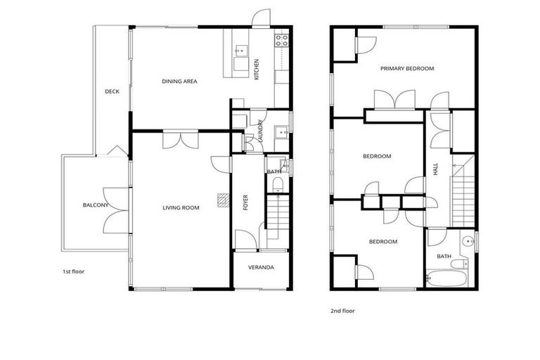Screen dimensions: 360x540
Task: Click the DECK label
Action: (x=112, y=91)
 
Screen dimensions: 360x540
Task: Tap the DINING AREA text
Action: (x=179, y=82)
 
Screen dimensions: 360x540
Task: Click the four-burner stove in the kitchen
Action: (x=282, y=40)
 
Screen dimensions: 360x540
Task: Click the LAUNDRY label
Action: (x=261, y=132)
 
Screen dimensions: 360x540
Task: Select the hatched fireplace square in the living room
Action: (x=223, y=200)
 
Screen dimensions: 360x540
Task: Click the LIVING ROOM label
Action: (x=181, y=207)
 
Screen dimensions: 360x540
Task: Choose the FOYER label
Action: (x=245, y=202)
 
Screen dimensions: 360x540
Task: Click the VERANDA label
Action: (x=261, y=268)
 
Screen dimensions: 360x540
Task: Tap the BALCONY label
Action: (x=96, y=205)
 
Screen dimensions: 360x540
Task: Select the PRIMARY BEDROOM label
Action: (x=407, y=69)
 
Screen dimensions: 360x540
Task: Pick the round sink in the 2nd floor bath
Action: (x=467, y=243)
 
